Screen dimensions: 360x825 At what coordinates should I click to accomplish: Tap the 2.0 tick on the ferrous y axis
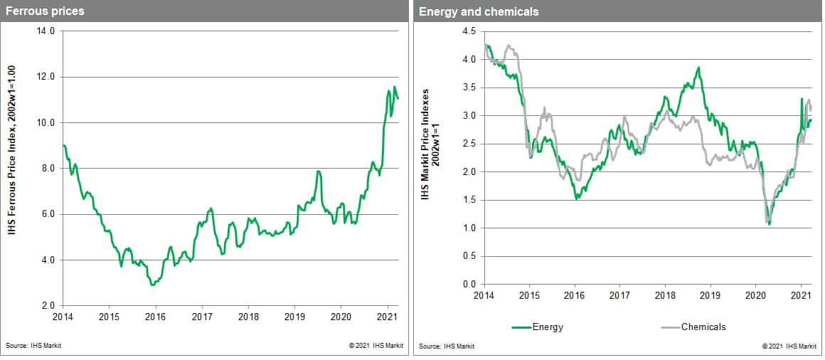click(x=48, y=306)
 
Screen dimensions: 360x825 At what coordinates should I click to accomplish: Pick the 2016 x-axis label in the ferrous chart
click(x=155, y=317)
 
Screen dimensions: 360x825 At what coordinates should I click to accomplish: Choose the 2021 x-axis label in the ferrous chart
click(x=388, y=317)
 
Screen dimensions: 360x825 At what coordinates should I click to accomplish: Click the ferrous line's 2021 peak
click(x=395, y=87)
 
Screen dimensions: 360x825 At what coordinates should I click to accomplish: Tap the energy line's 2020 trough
click(x=770, y=224)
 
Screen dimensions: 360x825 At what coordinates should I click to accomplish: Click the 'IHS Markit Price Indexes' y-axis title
click(x=430, y=143)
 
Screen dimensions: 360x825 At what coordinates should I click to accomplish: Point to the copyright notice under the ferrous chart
click(x=376, y=346)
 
